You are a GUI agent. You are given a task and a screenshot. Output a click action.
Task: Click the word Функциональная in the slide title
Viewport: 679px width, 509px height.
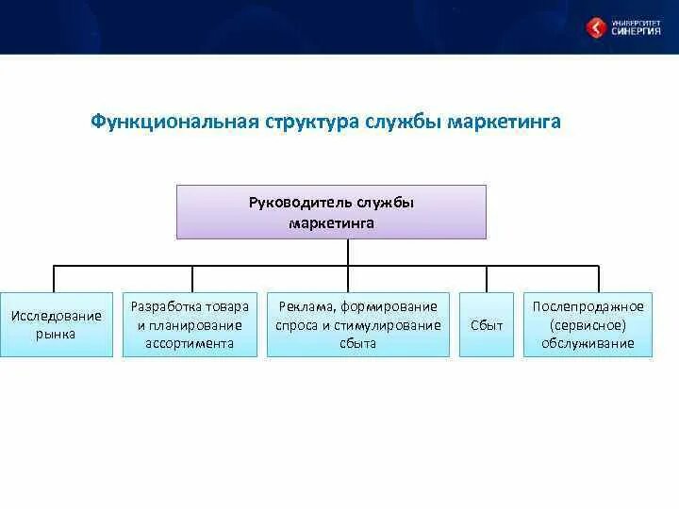click(175, 123)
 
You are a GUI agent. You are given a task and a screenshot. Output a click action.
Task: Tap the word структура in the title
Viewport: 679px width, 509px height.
click(312, 123)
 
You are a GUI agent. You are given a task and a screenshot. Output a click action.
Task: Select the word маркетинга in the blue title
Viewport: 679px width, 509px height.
click(504, 123)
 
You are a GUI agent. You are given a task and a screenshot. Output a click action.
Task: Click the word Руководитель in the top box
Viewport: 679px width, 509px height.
click(300, 203)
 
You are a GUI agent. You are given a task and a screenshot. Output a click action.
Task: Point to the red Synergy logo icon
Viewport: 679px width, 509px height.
click(596, 27)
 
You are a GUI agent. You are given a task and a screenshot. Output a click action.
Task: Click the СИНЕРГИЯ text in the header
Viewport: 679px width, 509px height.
click(637, 31)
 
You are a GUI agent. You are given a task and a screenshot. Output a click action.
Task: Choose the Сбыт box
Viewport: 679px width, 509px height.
click(487, 324)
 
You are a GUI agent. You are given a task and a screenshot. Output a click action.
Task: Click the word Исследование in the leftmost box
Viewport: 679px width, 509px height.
click(57, 316)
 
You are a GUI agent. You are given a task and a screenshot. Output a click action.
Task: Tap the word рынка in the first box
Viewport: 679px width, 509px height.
click(56, 334)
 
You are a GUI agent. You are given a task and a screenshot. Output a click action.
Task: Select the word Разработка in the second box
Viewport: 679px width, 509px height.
click(165, 307)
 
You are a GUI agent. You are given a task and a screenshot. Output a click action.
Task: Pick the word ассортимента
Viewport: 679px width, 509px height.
click(190, 344)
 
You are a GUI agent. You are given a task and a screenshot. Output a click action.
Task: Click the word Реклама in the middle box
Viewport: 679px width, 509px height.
click(306, 307)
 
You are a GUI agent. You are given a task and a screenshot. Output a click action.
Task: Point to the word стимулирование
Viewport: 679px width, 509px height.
click(388, 325)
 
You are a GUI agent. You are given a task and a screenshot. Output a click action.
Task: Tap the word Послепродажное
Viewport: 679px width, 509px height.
click(588, 307)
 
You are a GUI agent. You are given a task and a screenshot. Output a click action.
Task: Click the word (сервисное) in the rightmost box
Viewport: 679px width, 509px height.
click(588, 325)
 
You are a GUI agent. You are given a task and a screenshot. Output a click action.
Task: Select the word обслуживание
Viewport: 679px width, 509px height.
click(588, 344)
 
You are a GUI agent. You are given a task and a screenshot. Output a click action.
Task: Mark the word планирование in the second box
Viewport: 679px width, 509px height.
click(195, 325)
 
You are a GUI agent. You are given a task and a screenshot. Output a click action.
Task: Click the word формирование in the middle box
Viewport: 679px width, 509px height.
click(389, 307)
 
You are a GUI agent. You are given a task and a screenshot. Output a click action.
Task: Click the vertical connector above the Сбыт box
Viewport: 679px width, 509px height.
click(487, 280)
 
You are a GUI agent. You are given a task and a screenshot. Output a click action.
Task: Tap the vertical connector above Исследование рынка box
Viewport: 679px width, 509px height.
click(54, 280)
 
